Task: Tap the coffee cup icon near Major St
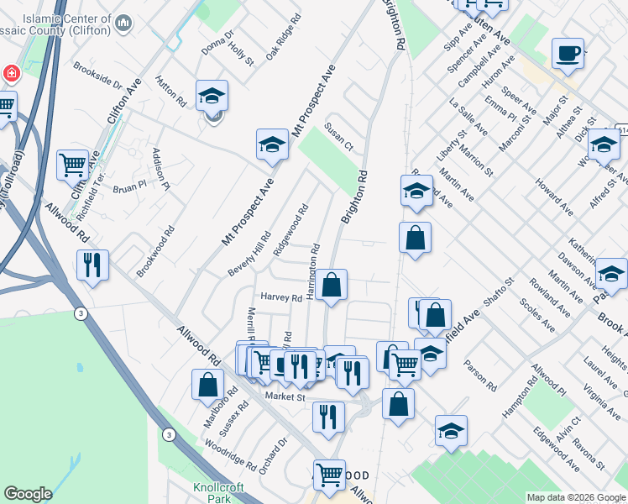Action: tap(568, 54)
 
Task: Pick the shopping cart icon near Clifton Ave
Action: tap(73, 164)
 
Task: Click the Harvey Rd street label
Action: tap(280, 297)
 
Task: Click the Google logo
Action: tap(28, 494)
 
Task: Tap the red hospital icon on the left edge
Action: tap(11, 73)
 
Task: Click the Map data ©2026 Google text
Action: tap(576, 497)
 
